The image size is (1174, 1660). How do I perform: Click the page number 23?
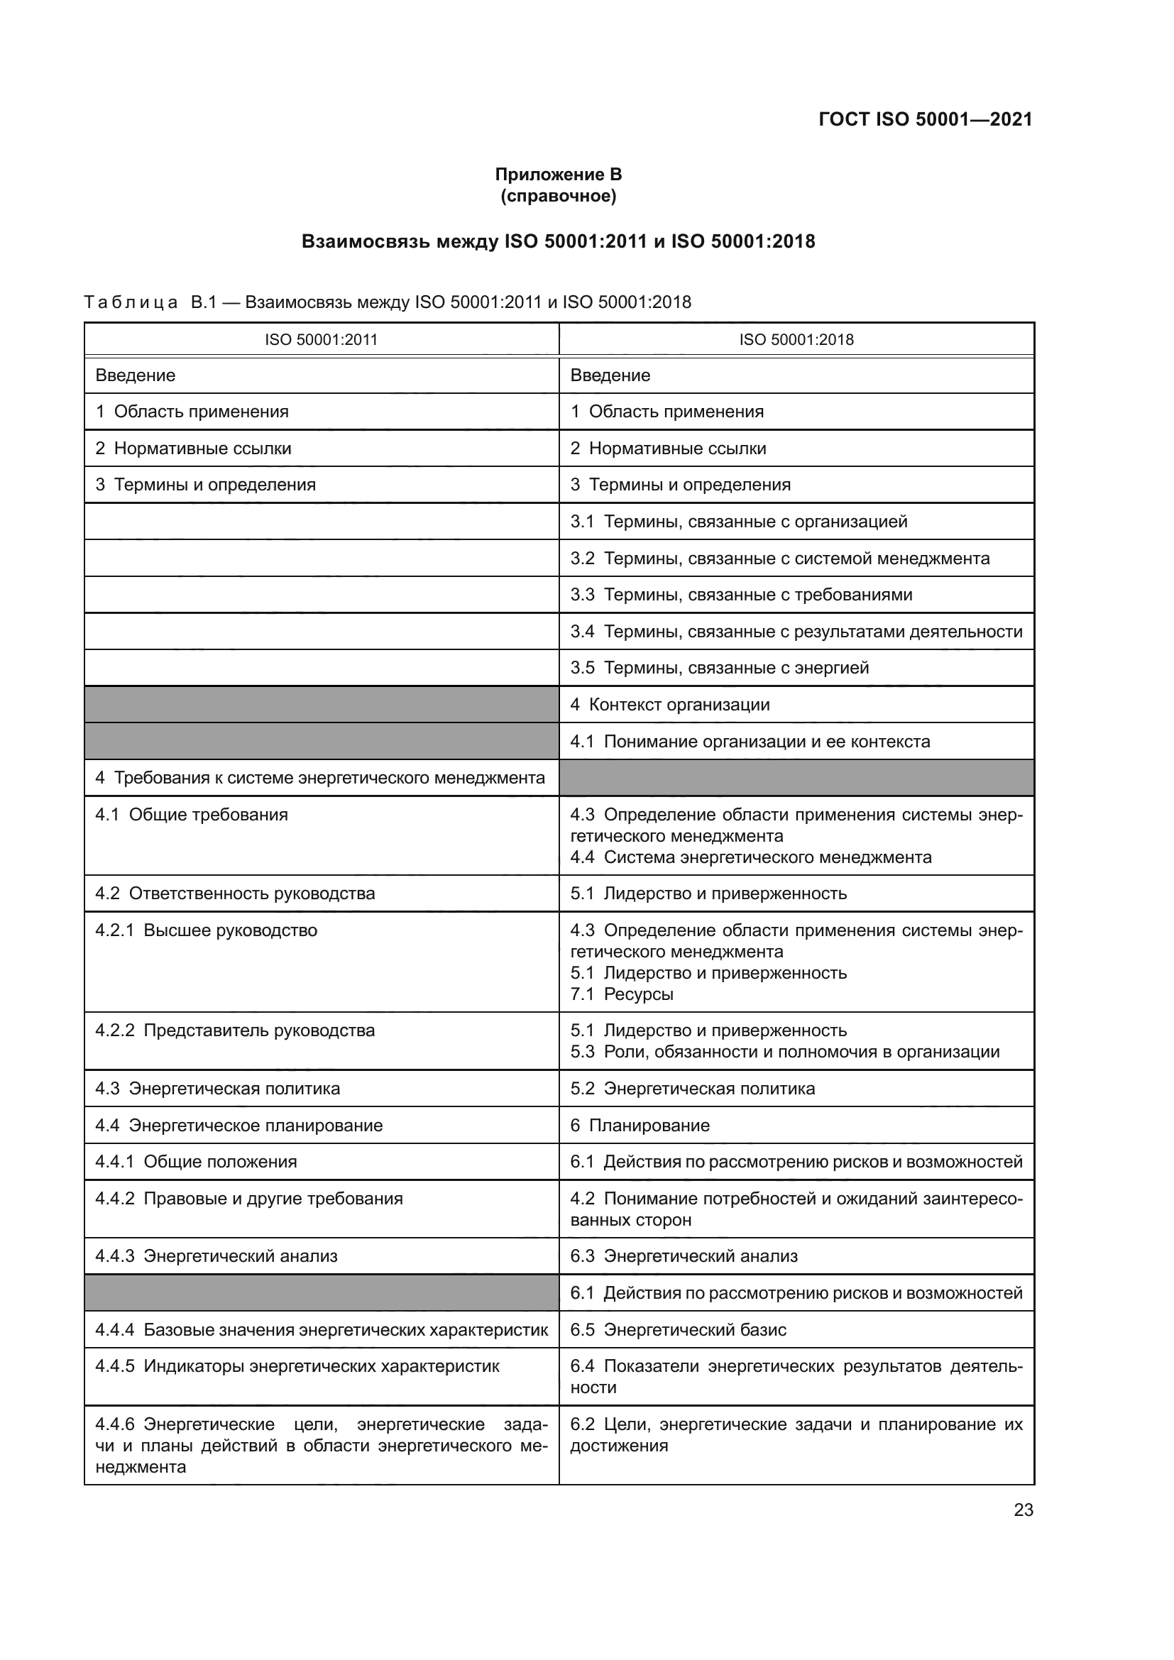click(x=1023, y=1510)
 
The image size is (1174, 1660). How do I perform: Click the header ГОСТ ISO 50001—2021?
click(x=925, y=119)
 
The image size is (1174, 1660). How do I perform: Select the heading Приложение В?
click(x=558, y=175)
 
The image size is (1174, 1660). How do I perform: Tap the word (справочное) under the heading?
click(x=558, y=196)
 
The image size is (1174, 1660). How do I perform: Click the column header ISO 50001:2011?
click(x=321, y=340)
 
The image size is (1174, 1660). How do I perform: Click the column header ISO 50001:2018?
click(x=796, y=340)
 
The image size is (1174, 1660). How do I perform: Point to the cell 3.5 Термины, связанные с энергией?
click(x=719, y=667)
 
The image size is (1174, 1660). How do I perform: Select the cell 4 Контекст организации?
click(x=669, y=704)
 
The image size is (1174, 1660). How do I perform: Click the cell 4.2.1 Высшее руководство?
click(x=206, y=930)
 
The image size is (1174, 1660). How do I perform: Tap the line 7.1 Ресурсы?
click(x=622, y=994)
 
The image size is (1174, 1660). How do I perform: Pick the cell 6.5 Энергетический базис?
click(x=678, y=1329)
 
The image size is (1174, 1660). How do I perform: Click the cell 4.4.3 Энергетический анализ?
click(x=216, y=1256)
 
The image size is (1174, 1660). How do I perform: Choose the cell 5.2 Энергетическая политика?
click(x=692, y=1088)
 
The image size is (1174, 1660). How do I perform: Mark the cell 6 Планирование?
click(x=640, y=1125)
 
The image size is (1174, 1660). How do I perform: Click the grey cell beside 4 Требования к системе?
click(x=796, y=778)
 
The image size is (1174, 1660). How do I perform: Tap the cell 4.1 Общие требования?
click(x=192, y=815)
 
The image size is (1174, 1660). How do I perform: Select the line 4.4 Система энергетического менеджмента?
click(x=750, y=857)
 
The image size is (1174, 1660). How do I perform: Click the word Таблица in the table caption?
click(x=131, y=302)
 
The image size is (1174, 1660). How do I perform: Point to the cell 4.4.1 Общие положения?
click(x=196, y=1161)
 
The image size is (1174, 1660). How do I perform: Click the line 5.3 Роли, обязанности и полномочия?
click(x=784, y=1051)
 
